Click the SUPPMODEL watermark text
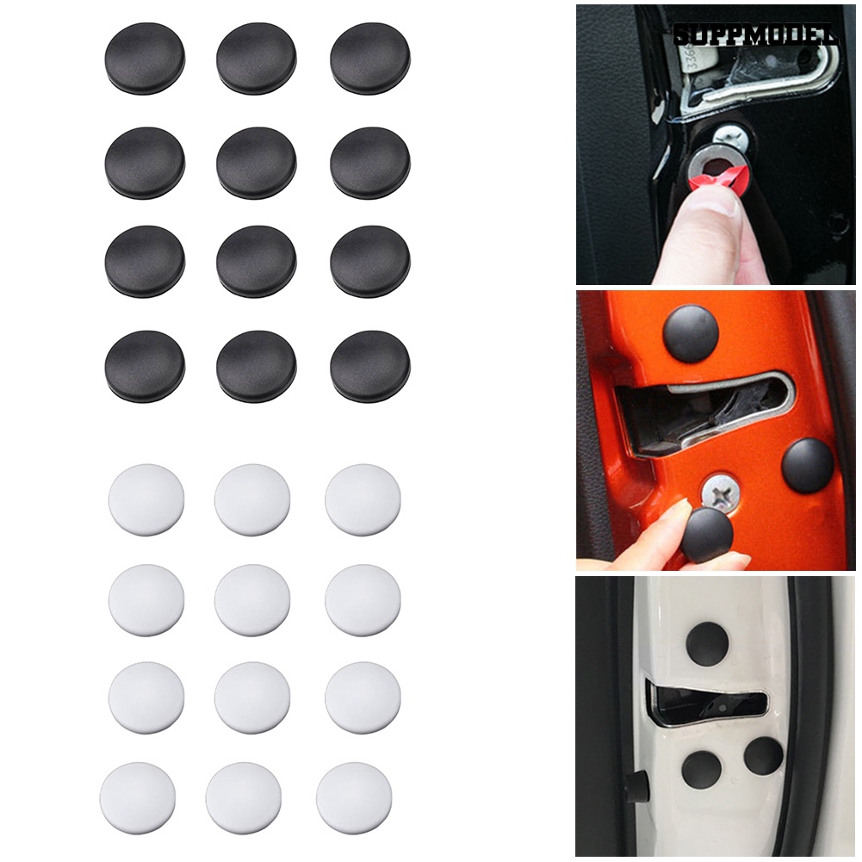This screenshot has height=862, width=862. [757, 35]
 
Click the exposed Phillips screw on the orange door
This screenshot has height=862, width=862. [716, 493]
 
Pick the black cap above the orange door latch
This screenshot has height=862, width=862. [691, 332]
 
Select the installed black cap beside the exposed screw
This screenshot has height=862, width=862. [807, 465]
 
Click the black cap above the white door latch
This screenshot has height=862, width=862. [707, 642]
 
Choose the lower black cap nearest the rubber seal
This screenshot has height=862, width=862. [763, 755]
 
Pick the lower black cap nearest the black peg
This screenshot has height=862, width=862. [701, 768]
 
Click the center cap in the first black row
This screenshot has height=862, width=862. [256, 59]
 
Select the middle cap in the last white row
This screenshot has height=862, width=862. [243, 797]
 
